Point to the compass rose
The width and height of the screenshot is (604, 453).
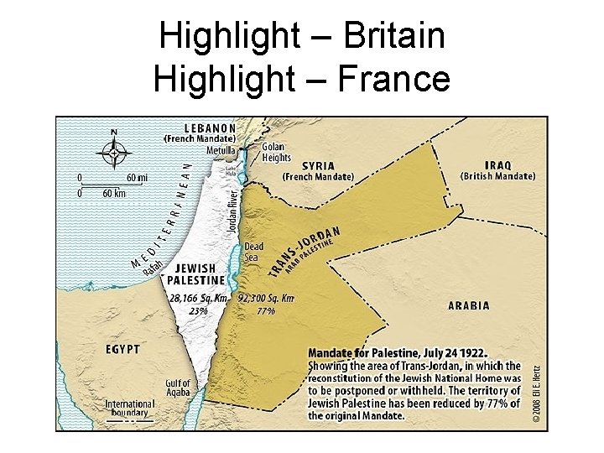114,153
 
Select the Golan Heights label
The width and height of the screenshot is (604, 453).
276,152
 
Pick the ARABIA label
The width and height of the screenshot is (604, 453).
469,306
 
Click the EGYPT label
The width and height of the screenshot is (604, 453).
122,348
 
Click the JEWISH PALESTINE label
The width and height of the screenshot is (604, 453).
195,274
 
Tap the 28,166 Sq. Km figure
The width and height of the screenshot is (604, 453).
198,298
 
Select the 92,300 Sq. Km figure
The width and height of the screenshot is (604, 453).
266,298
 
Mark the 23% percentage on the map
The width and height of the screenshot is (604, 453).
198,310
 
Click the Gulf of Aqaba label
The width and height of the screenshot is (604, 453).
177,388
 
